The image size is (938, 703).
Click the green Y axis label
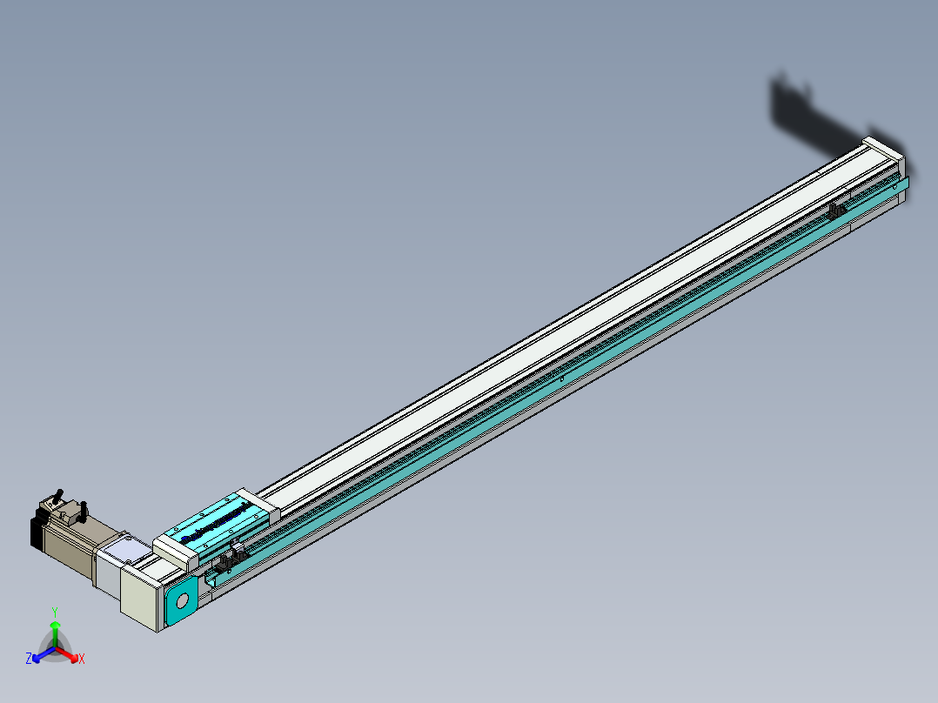tap(54, 612)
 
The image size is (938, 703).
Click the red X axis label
tap(82, 659)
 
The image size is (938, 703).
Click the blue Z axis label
tap(29, 659)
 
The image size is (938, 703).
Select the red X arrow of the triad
tap(69, 653)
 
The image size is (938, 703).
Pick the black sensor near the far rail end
tap(837, 211)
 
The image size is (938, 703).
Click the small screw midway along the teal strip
tap(562, 378)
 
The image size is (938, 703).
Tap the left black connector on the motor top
tap(59, 495)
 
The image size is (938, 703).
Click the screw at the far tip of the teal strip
tap(897, 186)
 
